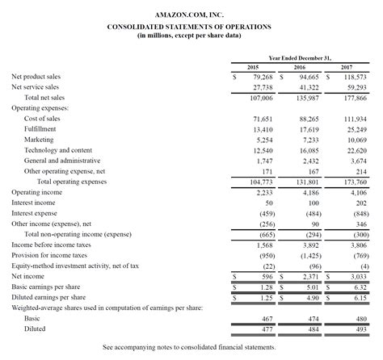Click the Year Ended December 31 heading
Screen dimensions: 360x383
pyautogui.click(x=300, y=58)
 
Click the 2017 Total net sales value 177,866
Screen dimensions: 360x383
pyautogui.click(x=354, y=97)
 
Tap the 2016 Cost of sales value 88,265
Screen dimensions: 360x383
pyautogui.click(x=308, y=119)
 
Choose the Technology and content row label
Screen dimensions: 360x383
pyautogui.click(x=57, y=150)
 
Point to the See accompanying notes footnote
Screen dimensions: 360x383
pyautogui.click(x=189, y=347)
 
